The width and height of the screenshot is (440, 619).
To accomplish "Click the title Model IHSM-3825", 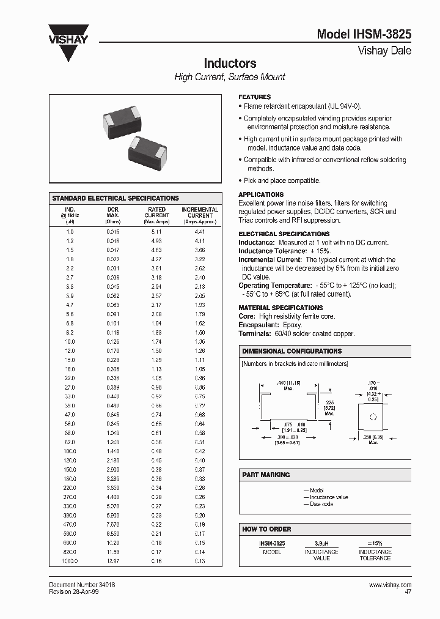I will (364, 35).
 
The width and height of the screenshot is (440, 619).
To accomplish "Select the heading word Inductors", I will (230, 64).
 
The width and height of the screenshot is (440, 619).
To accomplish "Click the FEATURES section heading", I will (254, 97).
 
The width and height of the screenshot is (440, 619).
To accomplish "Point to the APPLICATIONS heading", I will (260, 195).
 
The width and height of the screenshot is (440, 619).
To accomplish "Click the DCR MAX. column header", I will (112, 215).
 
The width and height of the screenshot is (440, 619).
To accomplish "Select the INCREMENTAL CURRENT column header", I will (199, 215).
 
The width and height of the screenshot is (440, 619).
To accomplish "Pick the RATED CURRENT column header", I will (156, 215).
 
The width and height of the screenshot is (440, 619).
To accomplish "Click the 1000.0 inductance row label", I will (70, 560).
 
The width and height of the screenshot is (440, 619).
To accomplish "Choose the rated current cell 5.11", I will (156, 232).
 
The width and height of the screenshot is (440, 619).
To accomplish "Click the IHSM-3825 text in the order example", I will (271, 543).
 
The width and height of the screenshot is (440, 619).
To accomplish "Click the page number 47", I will (408, 592).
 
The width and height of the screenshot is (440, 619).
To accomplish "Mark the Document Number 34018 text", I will (82, 585).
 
